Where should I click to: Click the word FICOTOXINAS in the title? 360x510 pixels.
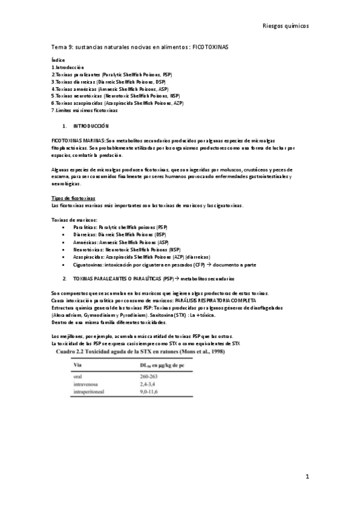(210, 46)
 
